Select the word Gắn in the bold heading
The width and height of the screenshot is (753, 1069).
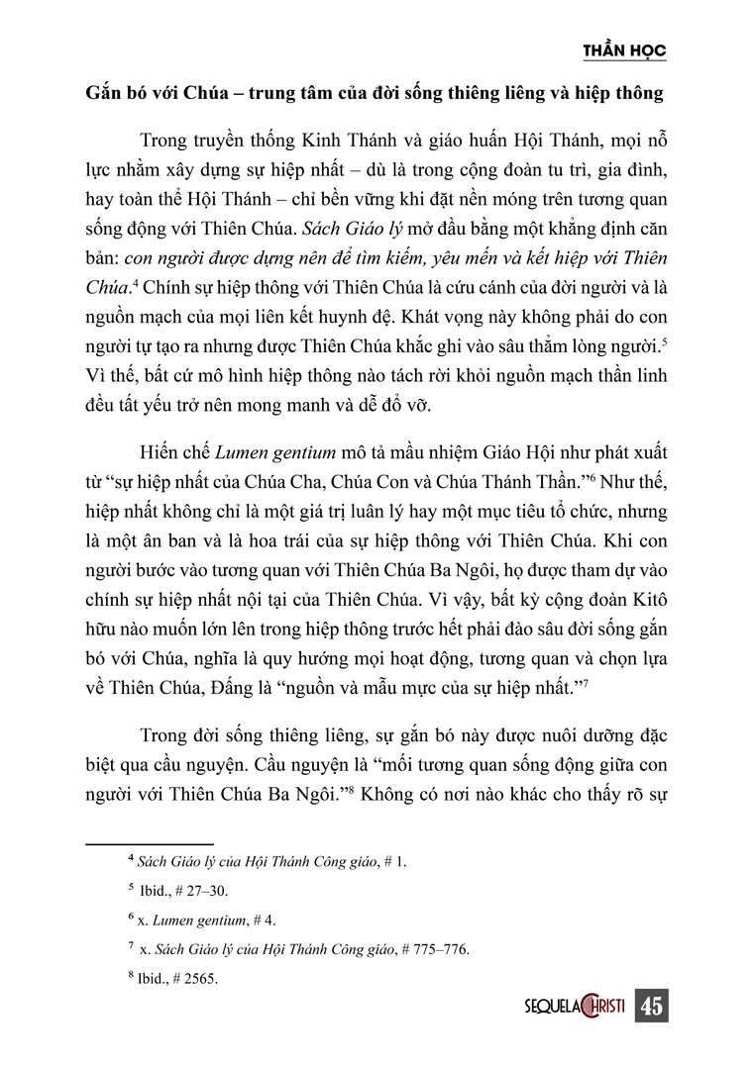(104, 95)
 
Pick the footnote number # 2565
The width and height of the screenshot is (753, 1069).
(197, 978)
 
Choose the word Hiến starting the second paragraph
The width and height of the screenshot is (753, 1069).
(162, 450)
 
